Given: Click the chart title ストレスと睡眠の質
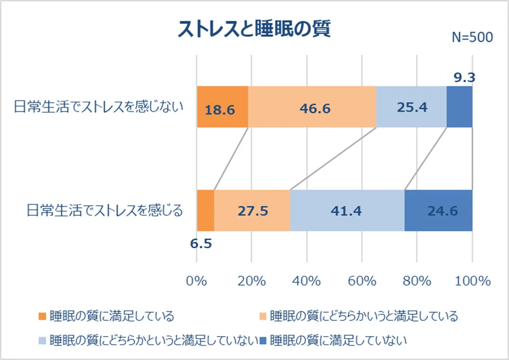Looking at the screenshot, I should (254, 29).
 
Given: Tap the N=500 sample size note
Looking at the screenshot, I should (472, 38).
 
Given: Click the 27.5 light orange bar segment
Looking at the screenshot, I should (252, 210).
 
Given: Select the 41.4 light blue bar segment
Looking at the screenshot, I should (347, 210).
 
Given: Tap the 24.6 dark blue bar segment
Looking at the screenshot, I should (438, 210).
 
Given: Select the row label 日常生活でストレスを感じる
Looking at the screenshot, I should (104, 210).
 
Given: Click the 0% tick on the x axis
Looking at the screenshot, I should (197, 281).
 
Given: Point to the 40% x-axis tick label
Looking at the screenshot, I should (307, 281).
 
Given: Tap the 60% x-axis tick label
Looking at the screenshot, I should (362, 281).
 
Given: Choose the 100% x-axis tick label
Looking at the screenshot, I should (472, 281).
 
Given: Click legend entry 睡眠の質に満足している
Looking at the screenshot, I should (112, 316).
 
